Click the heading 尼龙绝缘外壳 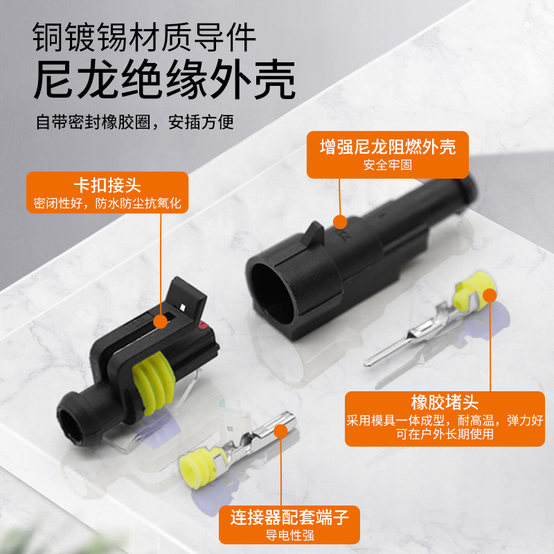[165, 79]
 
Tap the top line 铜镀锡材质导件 [144, 37]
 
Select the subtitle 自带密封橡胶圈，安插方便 [134, 123]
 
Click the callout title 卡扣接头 [107, 185]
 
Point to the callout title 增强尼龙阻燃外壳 [388, 147]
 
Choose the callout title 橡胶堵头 [445, 402]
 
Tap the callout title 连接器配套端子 [289, 517]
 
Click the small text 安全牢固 [388, 165]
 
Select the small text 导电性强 [289, 535]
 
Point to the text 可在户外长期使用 [445, 434]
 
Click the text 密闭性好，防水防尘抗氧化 [107, 203]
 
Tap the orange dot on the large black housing [340, 222]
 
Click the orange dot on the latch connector [161, 321]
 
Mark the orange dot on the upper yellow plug [490, 296]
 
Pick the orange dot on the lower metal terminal [280, 431]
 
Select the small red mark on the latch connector [203, 325]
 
